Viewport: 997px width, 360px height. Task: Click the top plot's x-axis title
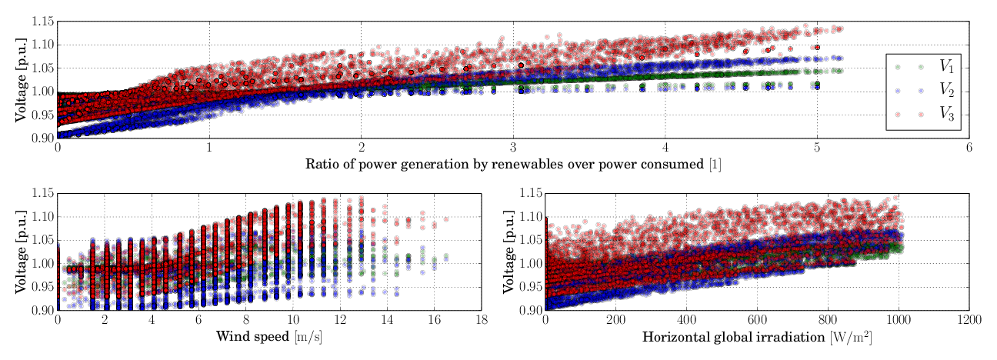tap(513, 164)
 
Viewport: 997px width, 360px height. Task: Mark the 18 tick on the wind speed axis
tap(482, 319)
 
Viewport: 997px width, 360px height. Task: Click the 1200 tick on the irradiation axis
tap(969, 319)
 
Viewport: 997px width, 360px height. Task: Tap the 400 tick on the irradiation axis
tap(686, 319)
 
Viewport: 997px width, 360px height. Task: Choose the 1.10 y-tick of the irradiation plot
tap(529, 217)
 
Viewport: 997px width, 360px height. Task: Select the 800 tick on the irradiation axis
tap(827, 319)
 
